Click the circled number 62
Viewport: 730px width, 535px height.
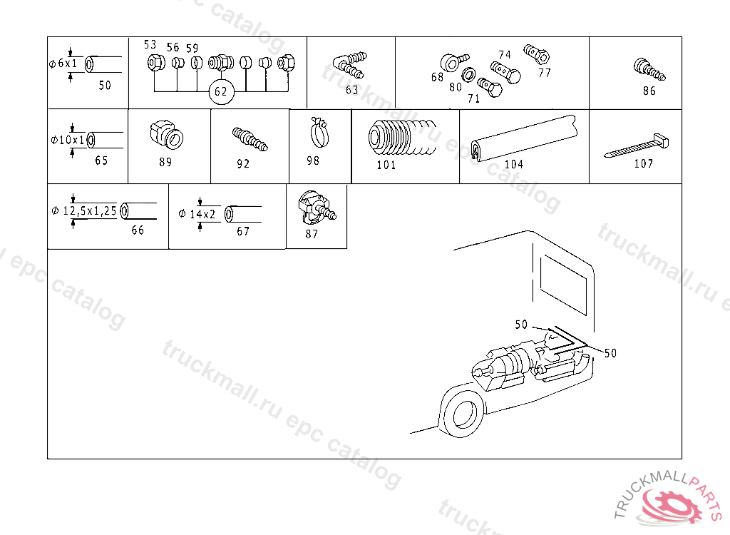pos(221,91)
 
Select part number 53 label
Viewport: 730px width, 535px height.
pos(150,44)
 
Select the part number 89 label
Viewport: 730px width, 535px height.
pos(165,162)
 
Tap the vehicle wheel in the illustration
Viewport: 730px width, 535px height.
pos(463,416)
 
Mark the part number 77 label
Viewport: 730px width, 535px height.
pos(545,72)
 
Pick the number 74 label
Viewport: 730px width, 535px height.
pos(505,55)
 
